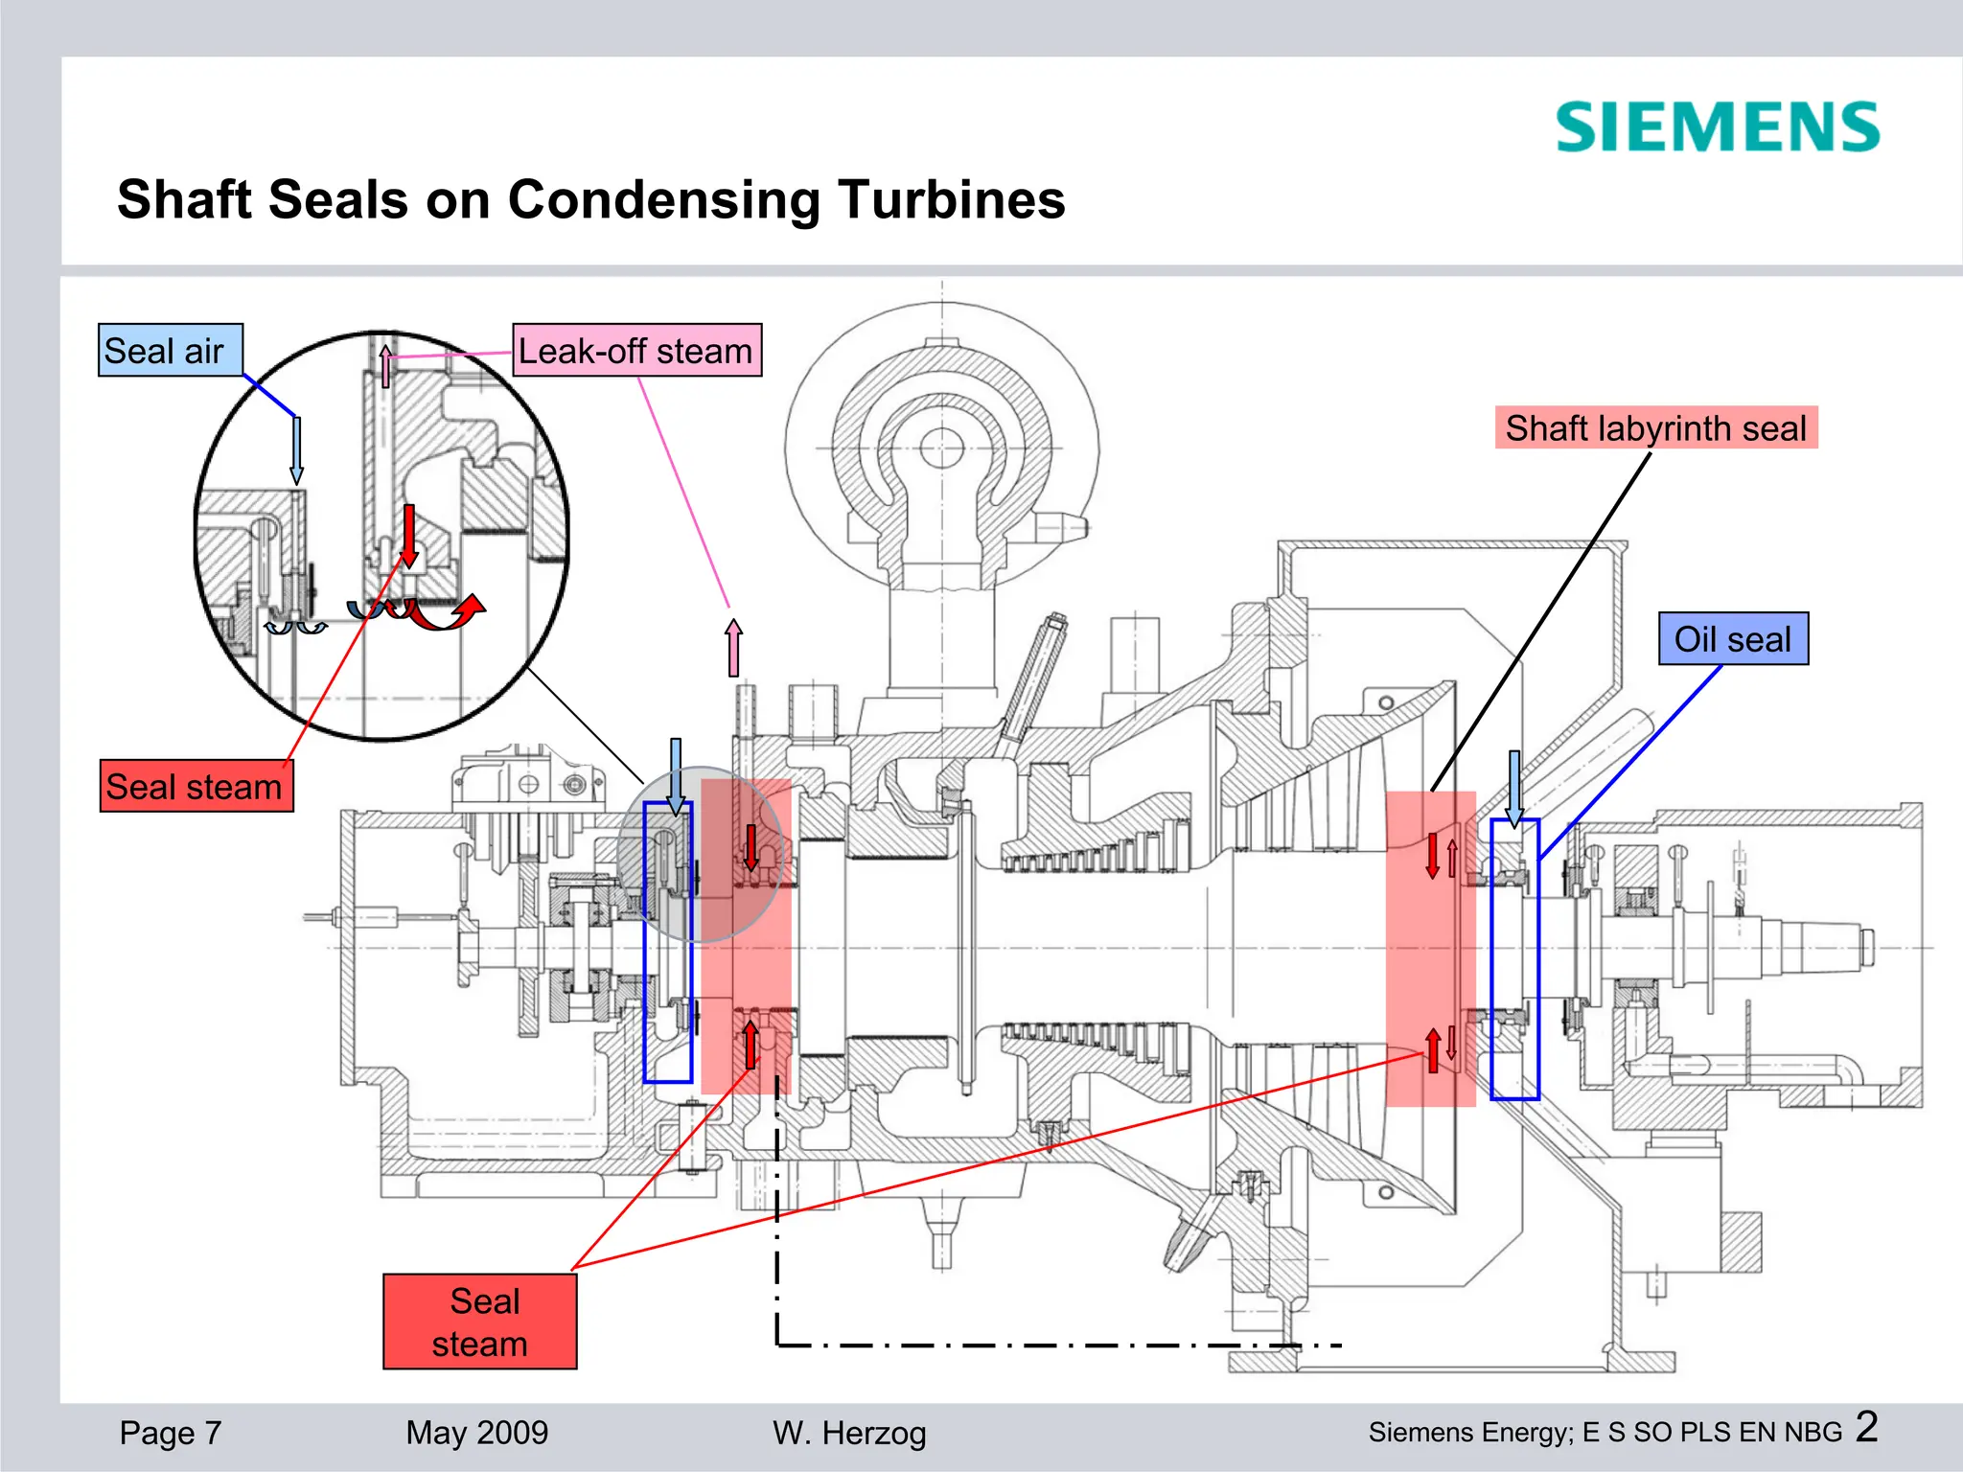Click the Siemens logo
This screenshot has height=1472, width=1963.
(1717, 127)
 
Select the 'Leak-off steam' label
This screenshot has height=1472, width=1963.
(636, 351)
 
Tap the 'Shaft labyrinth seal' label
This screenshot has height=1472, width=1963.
(1655, 427)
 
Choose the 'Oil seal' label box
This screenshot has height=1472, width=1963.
(1733, 638)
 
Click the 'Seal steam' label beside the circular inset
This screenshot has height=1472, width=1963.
(196, 787)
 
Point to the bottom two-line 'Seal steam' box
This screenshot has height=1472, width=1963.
(480, 1322)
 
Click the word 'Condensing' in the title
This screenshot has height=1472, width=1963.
(663, 199)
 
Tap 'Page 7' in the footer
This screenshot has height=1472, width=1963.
(171, 1433)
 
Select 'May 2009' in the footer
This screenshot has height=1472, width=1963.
(476, 1433)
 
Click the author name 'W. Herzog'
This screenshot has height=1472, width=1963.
(849, 1433)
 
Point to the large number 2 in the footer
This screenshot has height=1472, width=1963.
(1866, 1427)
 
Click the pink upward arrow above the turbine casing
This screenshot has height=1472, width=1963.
(734, 648)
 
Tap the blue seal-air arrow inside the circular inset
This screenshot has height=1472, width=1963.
(297, 449)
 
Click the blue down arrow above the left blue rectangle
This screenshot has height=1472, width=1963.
(676, 775)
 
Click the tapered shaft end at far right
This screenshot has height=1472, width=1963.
(1821, 947)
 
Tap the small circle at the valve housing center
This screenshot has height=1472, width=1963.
(941, 448)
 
